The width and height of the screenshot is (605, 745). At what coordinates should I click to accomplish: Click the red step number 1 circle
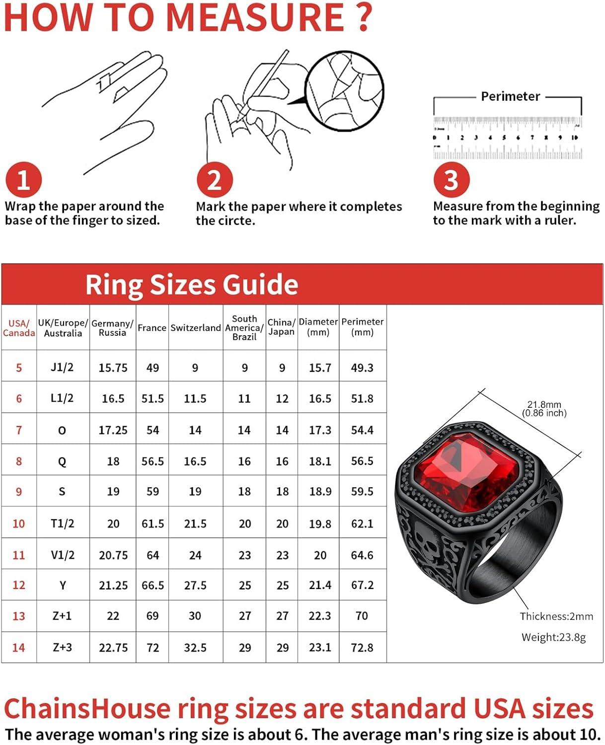(x=23, y=180)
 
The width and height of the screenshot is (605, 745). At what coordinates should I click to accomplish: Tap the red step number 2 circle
(x=215, y=180)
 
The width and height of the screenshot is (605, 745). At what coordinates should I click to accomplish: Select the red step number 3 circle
(x=451, y=180)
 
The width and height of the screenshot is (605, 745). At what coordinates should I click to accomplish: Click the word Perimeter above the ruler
(x=510, y=96)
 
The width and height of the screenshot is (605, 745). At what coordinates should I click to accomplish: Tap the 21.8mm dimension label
(x=544, y=405)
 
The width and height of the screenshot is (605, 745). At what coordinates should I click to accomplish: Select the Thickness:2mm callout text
(x=556, y=616)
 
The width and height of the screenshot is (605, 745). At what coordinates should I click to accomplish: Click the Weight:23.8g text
(x=553, y=637)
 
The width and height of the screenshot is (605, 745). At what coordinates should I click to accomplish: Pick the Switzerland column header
(x=195, y=328)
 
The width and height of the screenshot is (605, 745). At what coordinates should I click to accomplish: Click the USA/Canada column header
(x=19, y=328)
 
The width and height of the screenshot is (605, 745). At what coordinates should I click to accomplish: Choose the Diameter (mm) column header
(x=318, y=327)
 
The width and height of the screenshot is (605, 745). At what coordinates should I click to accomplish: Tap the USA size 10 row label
(x=19, y=523)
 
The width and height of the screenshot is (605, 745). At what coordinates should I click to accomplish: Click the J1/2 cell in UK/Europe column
(x=62, y=368)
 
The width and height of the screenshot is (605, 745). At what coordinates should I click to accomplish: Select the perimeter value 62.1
(x=362, y=523)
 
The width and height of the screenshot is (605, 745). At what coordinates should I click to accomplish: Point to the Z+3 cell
(x=62, y=647)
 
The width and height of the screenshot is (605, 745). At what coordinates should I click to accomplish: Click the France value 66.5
(x=152, y=586)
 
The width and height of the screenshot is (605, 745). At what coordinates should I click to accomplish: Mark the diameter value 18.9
(x=319, y=492)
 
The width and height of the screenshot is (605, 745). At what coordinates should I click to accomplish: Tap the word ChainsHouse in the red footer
(x=87, y=709)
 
